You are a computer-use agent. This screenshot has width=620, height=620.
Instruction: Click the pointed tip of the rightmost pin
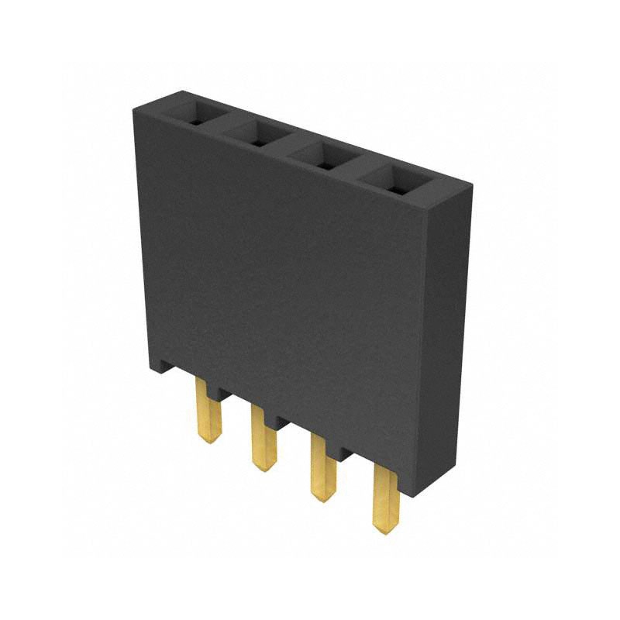[383, 530]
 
